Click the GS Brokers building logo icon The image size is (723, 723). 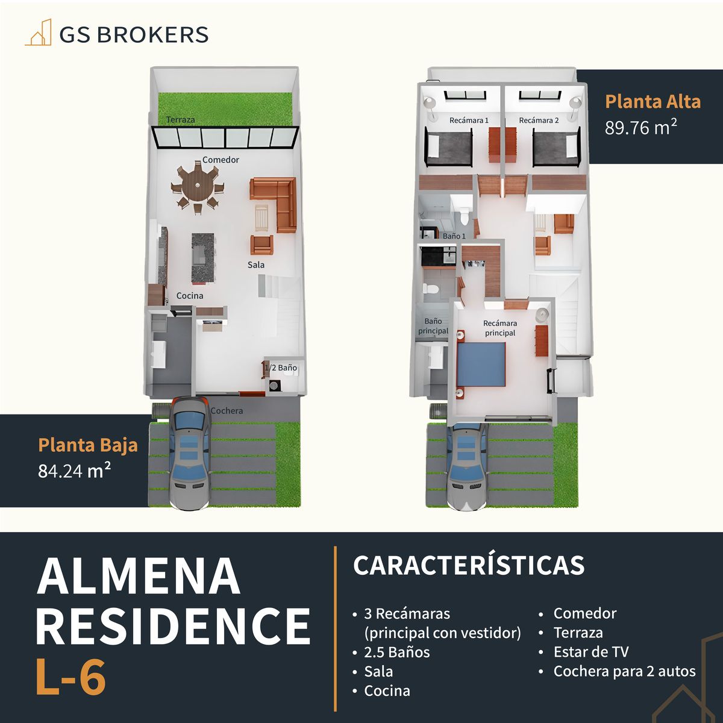[38, 33]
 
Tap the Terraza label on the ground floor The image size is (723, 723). [181, 119]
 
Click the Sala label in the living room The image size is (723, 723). [256, 264]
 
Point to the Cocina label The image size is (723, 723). [190, 296]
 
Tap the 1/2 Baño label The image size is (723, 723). [281, 368]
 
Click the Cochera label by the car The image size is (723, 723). [227, 411]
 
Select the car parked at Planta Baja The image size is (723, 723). [190, 452]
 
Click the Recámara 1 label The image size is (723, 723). [469, 120]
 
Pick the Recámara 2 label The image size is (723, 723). [539, 120]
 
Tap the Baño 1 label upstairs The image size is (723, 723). [454, 236]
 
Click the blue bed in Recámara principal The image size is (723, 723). [481, 364]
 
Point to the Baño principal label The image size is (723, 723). [433, 326]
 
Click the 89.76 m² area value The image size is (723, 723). [641, 128]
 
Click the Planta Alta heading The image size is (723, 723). [653, 101]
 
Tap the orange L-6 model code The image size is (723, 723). [71, 677]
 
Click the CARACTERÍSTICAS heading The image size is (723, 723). [469, 565]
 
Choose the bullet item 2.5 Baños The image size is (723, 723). [397, 652]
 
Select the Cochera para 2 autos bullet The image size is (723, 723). [624, 671]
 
